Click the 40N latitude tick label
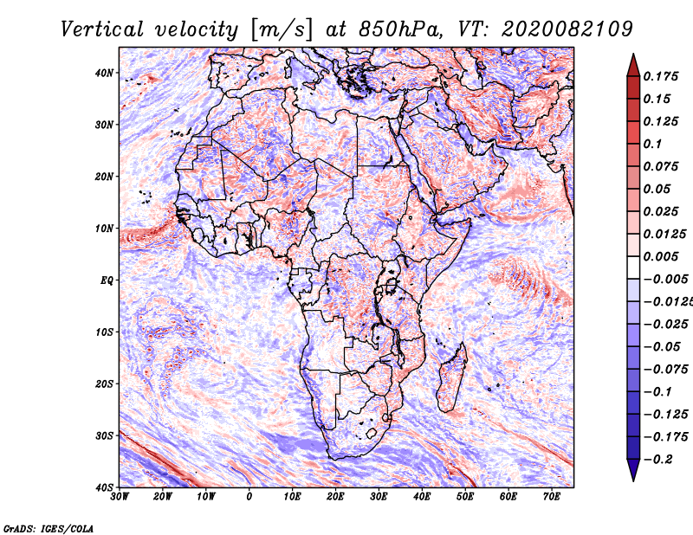click(105, 73)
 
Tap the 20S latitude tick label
click(105, 384)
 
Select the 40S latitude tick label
click(105, 487)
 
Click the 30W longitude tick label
click(120, 497)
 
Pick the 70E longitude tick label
click(551, 497)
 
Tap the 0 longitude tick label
click(249, 497)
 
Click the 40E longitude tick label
click(422, 497)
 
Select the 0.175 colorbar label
click(659, 76)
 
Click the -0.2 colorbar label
click(659, 459)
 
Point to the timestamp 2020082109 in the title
click(557, 29)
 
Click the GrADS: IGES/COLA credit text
click(49, 527)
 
